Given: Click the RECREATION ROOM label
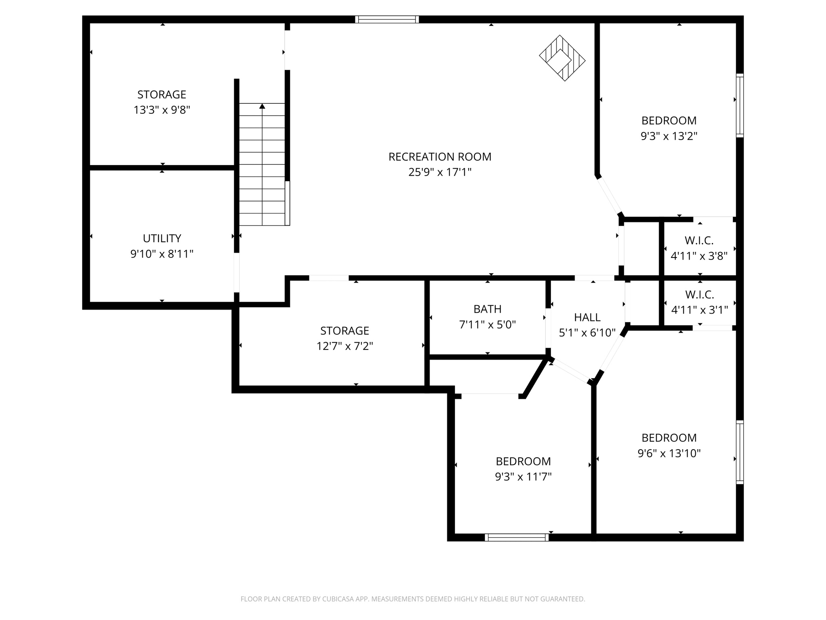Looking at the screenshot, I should click(x=440, y=157).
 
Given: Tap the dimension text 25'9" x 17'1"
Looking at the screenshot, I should click(x=440, y=172).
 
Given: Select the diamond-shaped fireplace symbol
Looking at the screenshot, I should click(x=562, y=58).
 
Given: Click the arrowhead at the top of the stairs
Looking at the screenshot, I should click(x=262, y=106).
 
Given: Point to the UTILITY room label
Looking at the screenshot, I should click(x=162, y=238).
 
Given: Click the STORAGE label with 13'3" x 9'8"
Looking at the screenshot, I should click(x=162, y=94).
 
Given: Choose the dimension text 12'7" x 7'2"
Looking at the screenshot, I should click(x=344, y=346).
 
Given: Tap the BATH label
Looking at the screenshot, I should click(x=487, y=309).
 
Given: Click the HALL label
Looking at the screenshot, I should click(x=587, y=317).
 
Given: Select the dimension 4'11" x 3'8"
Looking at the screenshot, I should click(x=699, y=256).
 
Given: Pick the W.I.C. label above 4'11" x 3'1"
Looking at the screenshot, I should click(x=699, y=294).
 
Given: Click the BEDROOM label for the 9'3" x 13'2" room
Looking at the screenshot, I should click(x=669, y=121).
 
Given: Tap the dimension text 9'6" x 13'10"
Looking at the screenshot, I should click(x=669, y=453).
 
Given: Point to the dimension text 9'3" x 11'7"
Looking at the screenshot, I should click(x=523, y=477).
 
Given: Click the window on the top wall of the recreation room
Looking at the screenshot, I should click(x=387, y=19).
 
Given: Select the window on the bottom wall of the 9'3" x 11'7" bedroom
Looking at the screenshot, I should click(x=516, y=537).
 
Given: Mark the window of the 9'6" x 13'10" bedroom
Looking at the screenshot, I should click(x=739, y=452).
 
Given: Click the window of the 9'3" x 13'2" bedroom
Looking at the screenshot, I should click(x=739, y=105).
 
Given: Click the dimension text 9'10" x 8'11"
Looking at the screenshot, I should click(x=162, y=254).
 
